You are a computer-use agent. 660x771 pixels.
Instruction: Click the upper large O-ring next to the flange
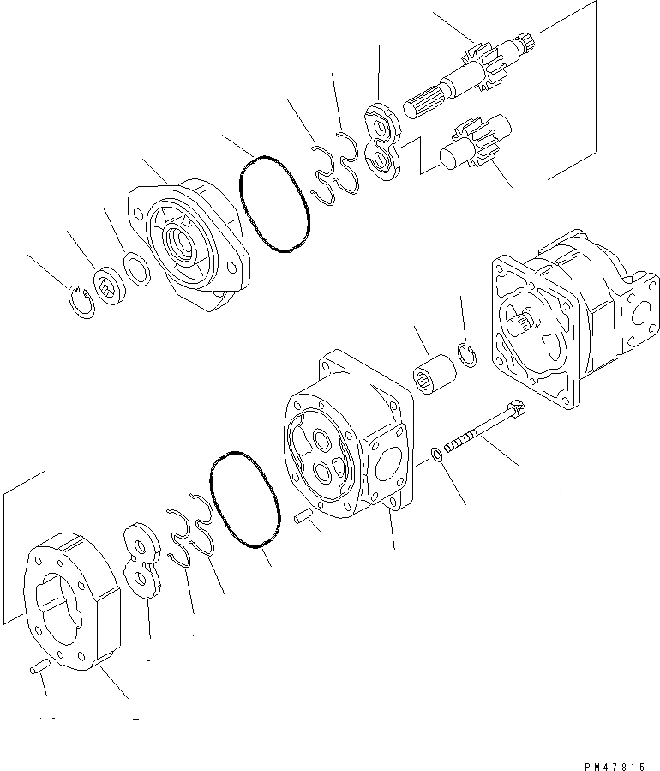(x=273, y=204)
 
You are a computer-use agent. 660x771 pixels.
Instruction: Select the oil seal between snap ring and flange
(x=110, y=284)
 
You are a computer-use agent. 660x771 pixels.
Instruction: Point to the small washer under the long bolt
(x=436, y=454)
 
